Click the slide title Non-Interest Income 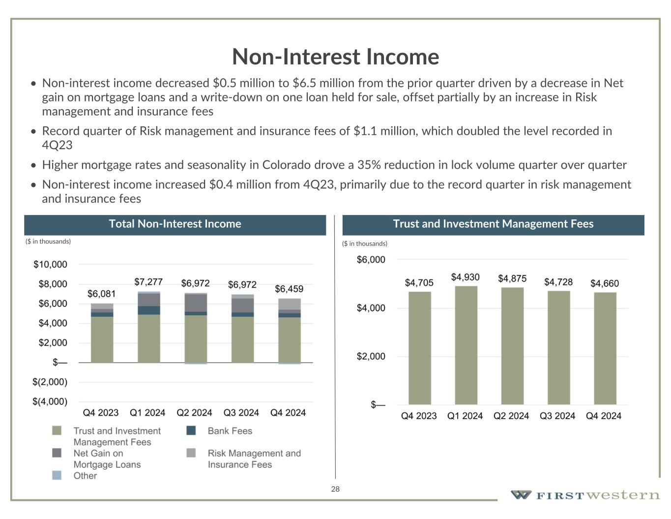tap(335, 57)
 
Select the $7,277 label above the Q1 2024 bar tap(148, 282)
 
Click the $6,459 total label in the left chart tap(289, 289)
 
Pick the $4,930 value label tap(465, 277)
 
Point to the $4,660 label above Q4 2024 tap(605, 283)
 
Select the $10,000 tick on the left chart tap(50, 265)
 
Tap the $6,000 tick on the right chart tap(371, 260)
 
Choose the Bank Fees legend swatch tap(191, 431)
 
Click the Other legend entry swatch tap(57, 476)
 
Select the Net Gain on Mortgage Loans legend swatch tap(57, 453)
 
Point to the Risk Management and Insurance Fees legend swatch tap(191, 453)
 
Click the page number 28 tap(335, 489)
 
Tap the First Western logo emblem tap(521, 495)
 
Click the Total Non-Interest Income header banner tap(175, 224)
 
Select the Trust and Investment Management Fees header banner tap(493, 224)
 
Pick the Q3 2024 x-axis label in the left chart tap(241, 413)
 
